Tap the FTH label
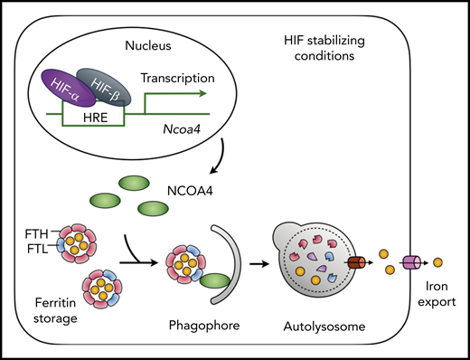[x=34, y=234]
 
